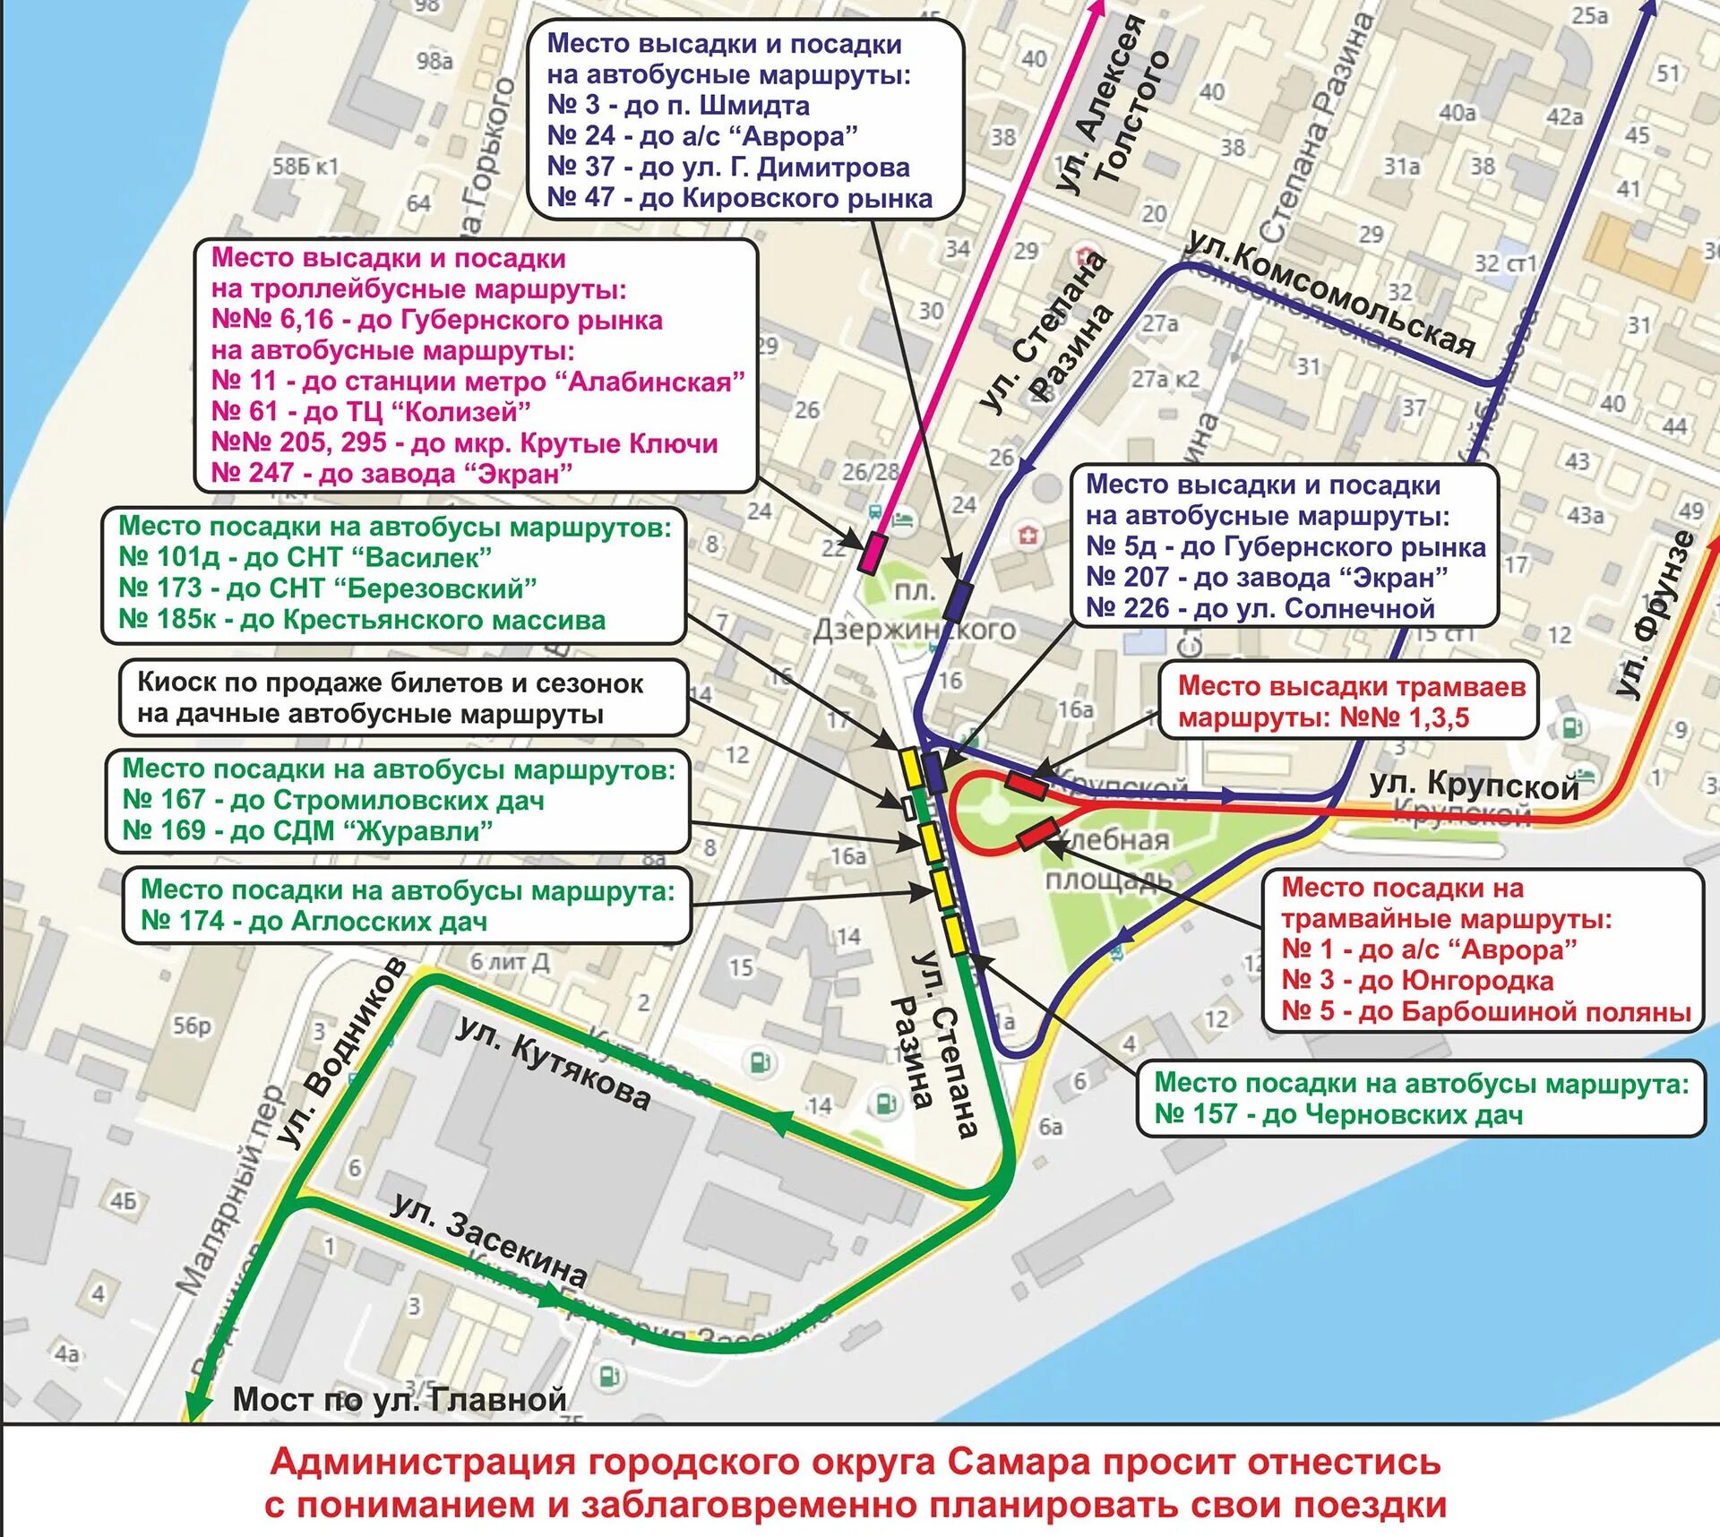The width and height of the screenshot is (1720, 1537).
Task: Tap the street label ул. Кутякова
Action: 554,1064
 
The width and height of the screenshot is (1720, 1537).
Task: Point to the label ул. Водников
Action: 342,1052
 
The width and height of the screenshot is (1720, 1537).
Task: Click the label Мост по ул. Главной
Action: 400,1400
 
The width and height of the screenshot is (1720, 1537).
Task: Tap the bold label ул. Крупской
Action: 1474,786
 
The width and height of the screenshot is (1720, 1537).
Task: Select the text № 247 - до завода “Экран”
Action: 391,473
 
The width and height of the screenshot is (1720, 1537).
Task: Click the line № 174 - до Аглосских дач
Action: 314,921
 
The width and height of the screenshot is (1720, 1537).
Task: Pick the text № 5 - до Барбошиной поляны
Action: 1486,1011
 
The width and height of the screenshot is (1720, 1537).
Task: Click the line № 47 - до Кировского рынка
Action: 740,198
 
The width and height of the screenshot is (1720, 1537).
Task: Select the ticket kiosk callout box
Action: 403,698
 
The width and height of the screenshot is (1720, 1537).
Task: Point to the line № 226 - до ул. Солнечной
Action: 1260,608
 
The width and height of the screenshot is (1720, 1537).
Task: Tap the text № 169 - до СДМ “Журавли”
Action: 307,830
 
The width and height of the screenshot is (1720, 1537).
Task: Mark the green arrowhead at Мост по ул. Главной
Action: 197,1404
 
